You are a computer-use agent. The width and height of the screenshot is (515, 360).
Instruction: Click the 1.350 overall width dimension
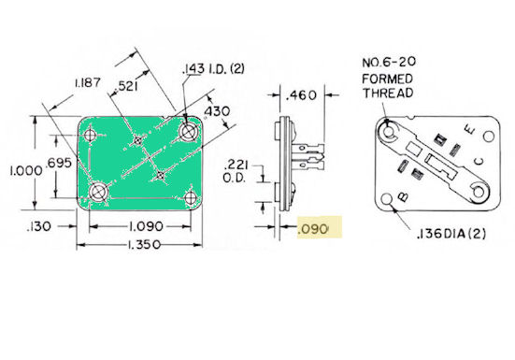pos(144,245)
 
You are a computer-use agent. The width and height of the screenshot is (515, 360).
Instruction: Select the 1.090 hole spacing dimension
pos(146,226)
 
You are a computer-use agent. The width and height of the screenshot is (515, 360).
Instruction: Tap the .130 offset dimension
pos(39,226)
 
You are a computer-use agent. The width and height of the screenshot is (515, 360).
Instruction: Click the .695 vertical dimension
pos(59,163)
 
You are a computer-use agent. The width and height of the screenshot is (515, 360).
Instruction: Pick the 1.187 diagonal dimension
pos(88,82)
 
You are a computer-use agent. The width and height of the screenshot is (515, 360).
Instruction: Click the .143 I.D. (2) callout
pos(213,69)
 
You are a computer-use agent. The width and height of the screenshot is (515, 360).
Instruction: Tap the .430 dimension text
pos(217,111)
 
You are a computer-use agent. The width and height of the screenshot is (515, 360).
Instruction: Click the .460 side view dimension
pos(301,95)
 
